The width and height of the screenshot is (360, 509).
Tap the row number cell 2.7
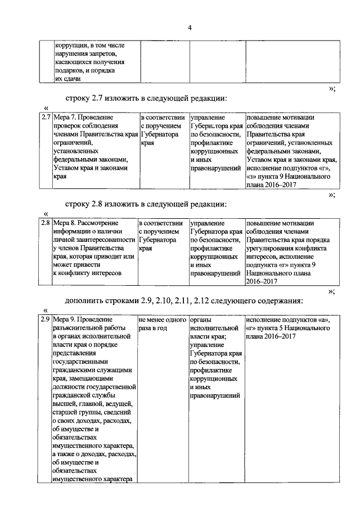click(45, 118)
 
